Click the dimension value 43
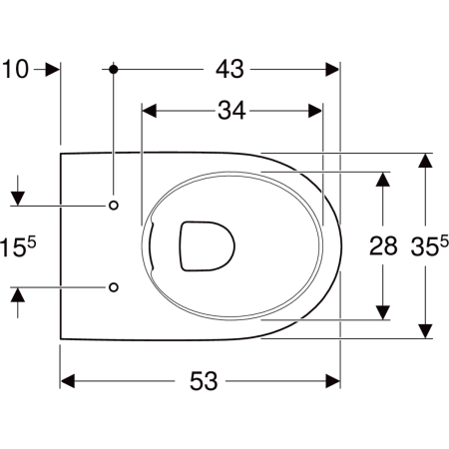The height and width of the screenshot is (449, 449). click(x=229, y=69)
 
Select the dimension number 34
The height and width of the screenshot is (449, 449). click(x=231, y=111)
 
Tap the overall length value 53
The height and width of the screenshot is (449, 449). click(x=204, y=381)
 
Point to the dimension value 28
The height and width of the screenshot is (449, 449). click(x=383, y=246)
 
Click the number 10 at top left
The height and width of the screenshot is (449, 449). click(x=15, y=70)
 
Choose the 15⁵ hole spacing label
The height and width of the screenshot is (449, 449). click(x=18, y=245)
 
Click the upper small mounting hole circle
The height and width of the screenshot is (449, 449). click(x=114, y=206)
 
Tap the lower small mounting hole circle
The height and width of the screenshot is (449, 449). click(x=114, y=287)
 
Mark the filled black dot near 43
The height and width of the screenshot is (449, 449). click(x=114, y=70)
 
